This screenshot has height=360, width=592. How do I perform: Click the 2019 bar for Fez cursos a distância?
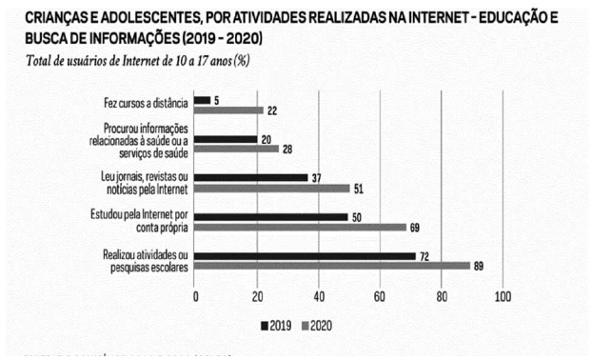[x=203, y=100]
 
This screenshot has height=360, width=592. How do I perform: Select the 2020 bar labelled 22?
[x=228, y=111]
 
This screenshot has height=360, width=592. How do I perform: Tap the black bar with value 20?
[x=226, y=139]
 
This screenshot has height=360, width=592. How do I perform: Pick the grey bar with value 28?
[x=237, y=150]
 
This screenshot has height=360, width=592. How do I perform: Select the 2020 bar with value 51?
[x=272, y=189]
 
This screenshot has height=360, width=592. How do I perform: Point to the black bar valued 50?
[x=271, y=217]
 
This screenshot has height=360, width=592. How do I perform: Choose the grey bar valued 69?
[x=300, y=229]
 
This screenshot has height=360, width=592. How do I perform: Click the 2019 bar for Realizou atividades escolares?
[x=306, y=255]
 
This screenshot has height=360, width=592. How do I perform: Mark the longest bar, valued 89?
[x=332, y=267]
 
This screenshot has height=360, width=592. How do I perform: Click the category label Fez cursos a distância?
[x=146, y=103]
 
